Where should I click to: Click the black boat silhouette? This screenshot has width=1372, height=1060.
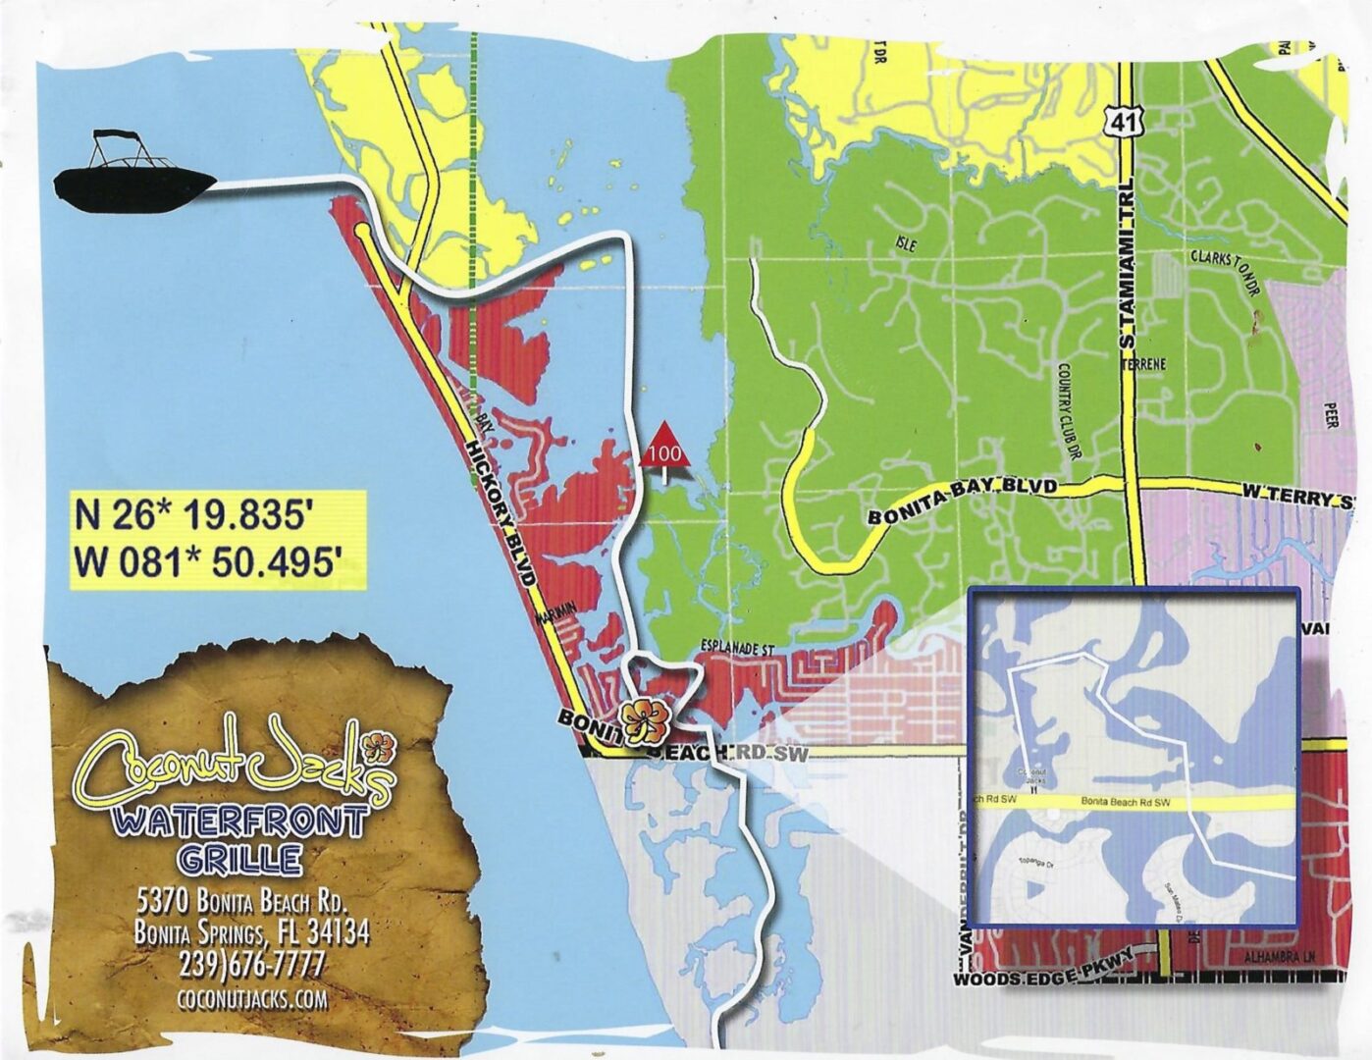134,178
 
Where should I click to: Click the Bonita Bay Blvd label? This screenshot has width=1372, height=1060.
962,502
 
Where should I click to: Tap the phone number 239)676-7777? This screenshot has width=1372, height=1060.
251,965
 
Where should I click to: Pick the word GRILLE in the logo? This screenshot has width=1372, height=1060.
239,860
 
